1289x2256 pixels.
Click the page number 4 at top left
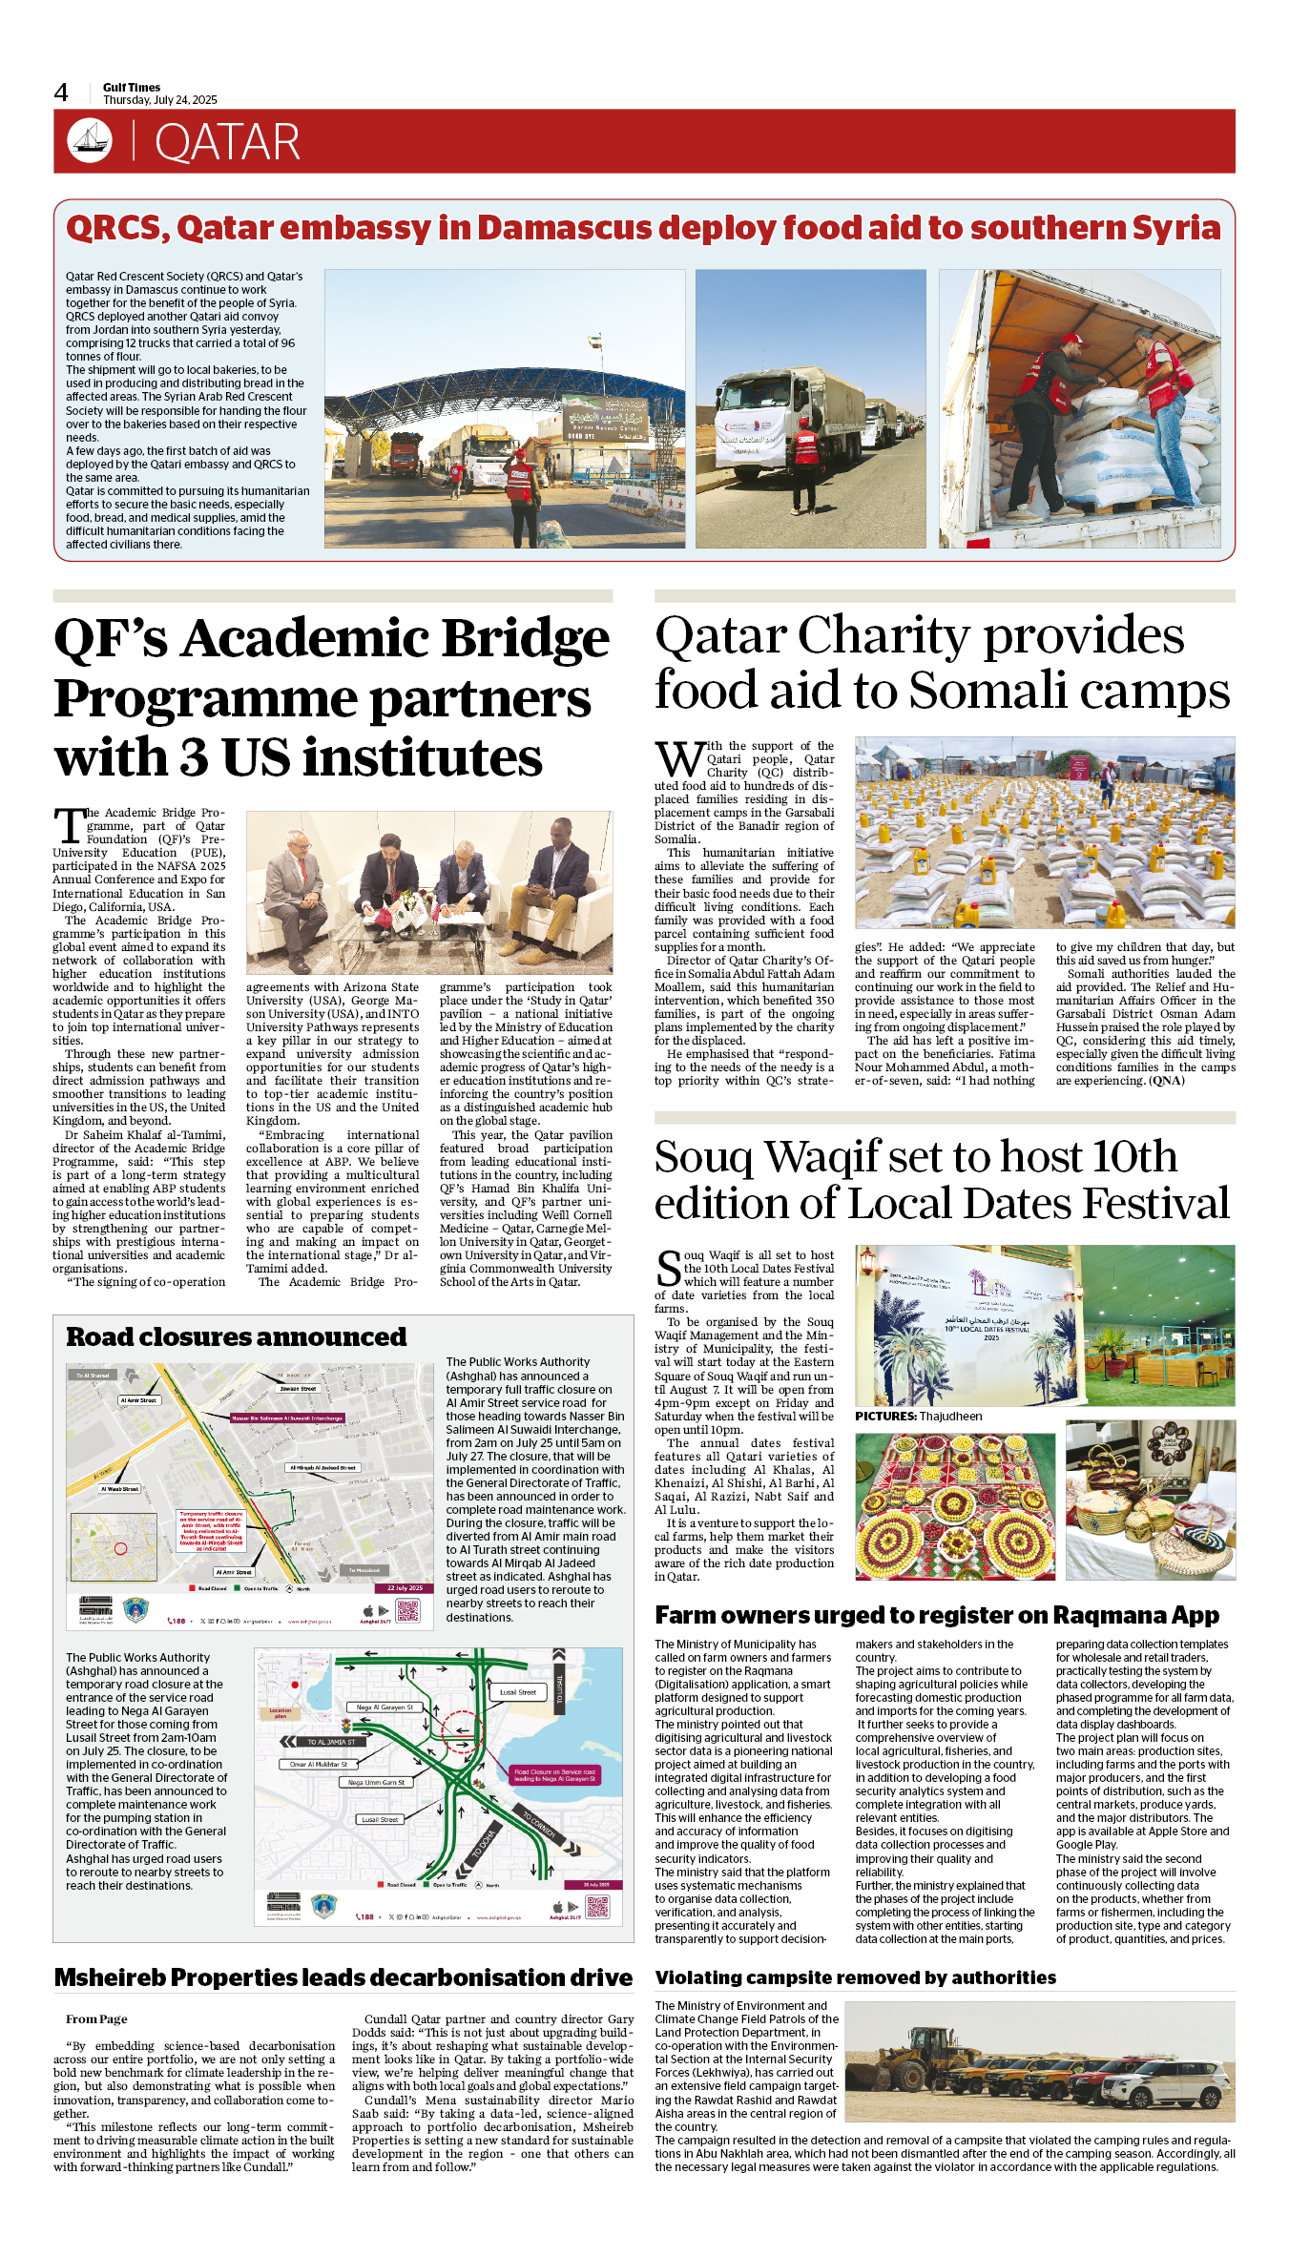(x=61, y=93)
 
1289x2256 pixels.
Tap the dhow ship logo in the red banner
(x=90, y=141)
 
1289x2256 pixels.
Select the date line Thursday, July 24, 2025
(x=159, y=100)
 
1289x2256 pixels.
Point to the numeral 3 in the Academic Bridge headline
(x=194, y=758)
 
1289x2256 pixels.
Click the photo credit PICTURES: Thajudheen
(x=918, y=1416)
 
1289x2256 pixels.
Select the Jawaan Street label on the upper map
(x=298, y=1389)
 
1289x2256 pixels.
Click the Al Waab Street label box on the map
(x=120, y=1488)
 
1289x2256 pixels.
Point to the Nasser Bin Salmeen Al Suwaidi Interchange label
(x=287, y=1418)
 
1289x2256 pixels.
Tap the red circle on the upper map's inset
(x=121, y=1548)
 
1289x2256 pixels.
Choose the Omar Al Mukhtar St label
(x=319, y=1765)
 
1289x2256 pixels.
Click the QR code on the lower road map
(x=597, y=1907)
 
